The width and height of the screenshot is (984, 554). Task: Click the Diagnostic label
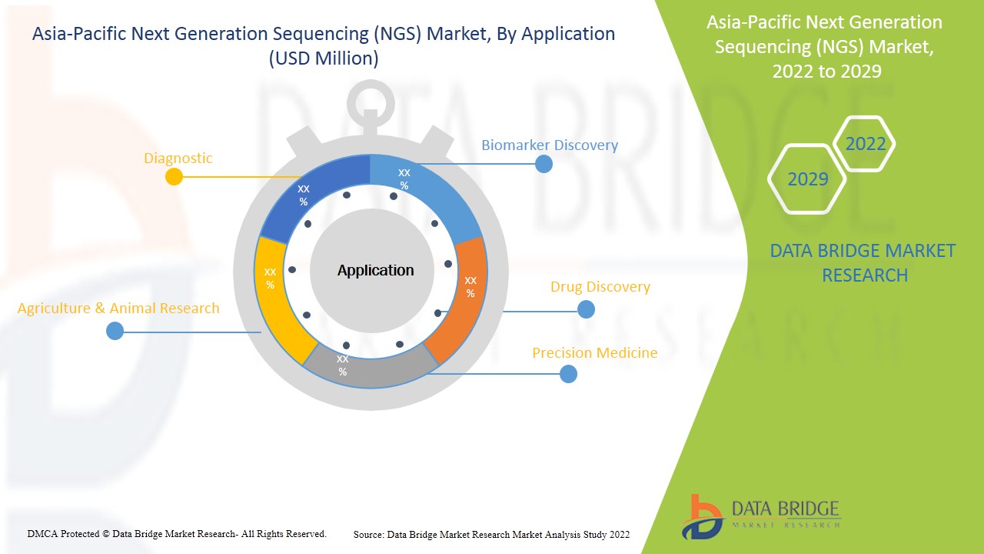(x=178, y=159)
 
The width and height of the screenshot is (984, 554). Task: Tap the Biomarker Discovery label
(x=549, y=145)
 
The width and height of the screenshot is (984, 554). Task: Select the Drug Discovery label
(x=600, y=287)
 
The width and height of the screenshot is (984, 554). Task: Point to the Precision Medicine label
(x=594, y=353)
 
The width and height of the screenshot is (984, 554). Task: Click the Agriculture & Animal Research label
(x=118, y=309)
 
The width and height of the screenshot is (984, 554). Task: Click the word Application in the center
(x=375, y=270)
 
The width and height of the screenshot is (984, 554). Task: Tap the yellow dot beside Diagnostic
(x=175, y=176)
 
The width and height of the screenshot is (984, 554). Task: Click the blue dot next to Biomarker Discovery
(x=544, y=164)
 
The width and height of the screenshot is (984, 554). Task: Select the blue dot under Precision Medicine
(x=568, y=374)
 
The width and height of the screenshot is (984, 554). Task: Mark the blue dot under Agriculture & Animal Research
(x=115, y=331)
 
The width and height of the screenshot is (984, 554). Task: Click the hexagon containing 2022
(x=865, y=144)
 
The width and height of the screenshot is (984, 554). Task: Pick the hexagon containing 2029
(x=807, y=179)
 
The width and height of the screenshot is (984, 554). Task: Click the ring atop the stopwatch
(x=371, y=99)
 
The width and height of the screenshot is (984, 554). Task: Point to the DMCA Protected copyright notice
(x=177, y=533)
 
